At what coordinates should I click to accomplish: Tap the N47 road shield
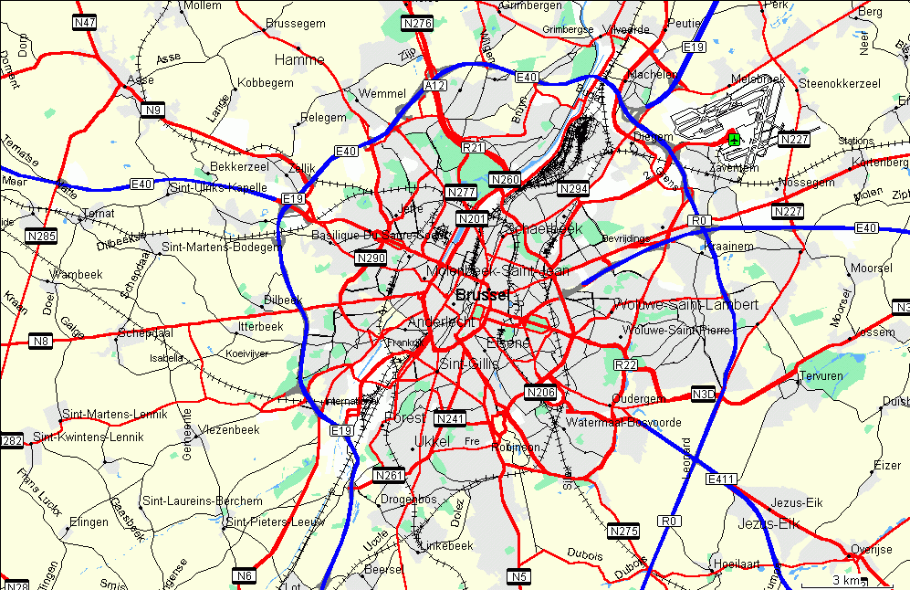pos(85,22)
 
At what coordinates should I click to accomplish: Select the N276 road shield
pos(418,23)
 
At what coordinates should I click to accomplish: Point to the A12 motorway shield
pos(434,85)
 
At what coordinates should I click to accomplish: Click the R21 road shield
pos(473,147)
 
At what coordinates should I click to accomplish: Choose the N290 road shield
pos(371,258)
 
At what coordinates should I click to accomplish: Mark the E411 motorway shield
pos(721,479)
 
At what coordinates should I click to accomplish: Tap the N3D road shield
pos(704,394)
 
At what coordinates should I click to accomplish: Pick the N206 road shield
pos(541,393)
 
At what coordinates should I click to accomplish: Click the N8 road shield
pos(40,341)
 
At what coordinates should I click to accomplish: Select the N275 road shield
pos(623,531)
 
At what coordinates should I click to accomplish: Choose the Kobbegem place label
pos(266,82)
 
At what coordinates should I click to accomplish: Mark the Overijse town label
pos(871,549)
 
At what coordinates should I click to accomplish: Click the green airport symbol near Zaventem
pos(733,139)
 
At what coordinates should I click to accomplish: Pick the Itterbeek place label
pos(261,325)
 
